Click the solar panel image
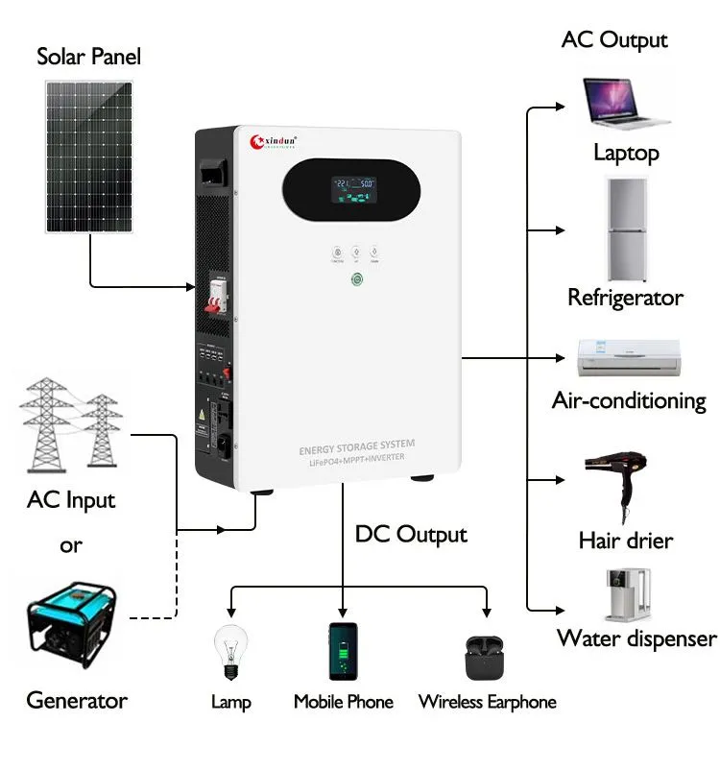[90, 156]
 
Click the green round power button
[358, 280]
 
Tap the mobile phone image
[343, 652]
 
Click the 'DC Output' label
[411, 534]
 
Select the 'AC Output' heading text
[614, 40]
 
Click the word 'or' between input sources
[71, 545]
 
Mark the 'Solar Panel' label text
[88, 56]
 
